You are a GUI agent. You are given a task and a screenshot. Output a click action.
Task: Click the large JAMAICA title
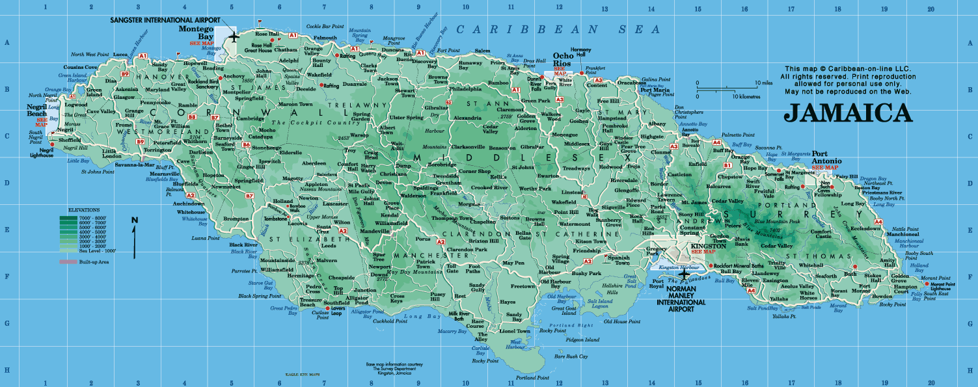pyautogui.click(x=848, y=113)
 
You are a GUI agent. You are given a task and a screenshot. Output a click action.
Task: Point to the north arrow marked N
pyautogui.click(x=135, y=237)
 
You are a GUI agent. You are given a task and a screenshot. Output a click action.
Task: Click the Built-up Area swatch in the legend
pyautogui.click(x=68, y=261)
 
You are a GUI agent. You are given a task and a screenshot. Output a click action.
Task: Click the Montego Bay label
pyautogui.click(x=195, y=33)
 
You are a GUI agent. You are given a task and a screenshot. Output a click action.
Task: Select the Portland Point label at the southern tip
pyautogui.click(x=529, y=378)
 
